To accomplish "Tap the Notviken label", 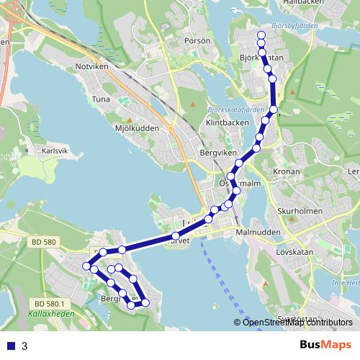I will (x=91, y=66).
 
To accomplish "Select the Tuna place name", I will (x=101, y=99).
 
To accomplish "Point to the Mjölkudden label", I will (x=135, y=130).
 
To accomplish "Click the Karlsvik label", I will (x=54, y=151).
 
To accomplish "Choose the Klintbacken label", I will (x=222, y=123).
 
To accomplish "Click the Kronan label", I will (x=287, y=172).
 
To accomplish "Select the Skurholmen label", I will (x=299, y=212).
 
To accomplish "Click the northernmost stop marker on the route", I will (x=261, y=35).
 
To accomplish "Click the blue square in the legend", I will (x=10, y=346).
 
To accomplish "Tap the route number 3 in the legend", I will (x=25, y=346).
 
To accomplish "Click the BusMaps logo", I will (x=325, y=345).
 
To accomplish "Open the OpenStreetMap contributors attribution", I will (x=297, y=323).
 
